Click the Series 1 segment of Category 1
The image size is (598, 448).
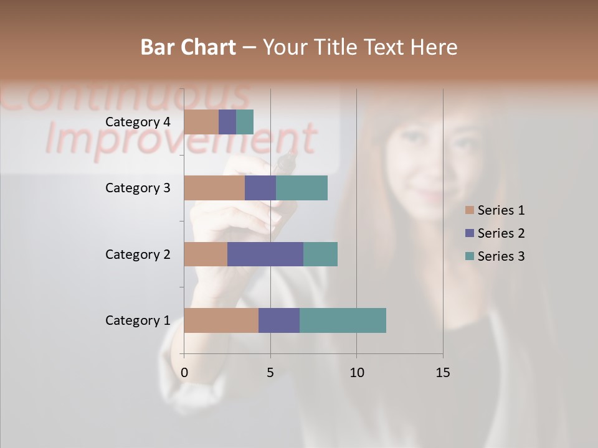pyautogui.click(x=221, y=320)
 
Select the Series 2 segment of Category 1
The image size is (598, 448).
pyautogui.click(x=279, y=320)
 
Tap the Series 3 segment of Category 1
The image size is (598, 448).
pyautogui.click(x=343, y=320)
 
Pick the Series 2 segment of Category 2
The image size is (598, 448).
pyautogui.click(x=265, y=254)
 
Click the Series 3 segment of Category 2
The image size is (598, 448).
pyautogui.click(x=320, y=254)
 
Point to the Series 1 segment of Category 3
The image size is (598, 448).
pyautogui.click(x=214, y=188)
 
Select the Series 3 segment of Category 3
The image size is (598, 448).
pyautogui.click(x=301, y=188)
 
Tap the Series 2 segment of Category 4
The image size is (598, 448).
pyautogui.click(x=227, y=122)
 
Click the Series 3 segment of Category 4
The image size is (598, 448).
pyautogui.click(x=245, y=122)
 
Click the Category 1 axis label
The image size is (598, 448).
pyautogui.click(x=138, y=320)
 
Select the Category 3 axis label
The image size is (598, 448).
pyautogui.click(x=138, y=188)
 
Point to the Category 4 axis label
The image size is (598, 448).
pyautogui.click(x=138, y=122)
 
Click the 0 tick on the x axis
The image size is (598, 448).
pyautogui.click(x=184, y=373)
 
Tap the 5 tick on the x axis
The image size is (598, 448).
pyautogui.click(x=270, y=373)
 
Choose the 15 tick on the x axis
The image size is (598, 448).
pyautogui.click(x=442, y=373)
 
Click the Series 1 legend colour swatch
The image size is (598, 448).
pyautogui.click(x=470, y=210)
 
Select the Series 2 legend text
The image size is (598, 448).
pyautogui.click(x=501, y=233)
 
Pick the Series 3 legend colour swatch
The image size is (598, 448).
pyautogui.click(x=470, y=256)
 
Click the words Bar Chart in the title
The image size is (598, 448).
pyautogui.click(x=188, y=47)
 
